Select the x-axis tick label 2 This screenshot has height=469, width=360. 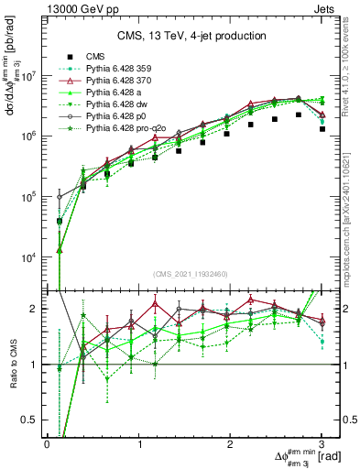tap(231, 443)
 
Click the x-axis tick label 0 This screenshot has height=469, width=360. tap(47, 443)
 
